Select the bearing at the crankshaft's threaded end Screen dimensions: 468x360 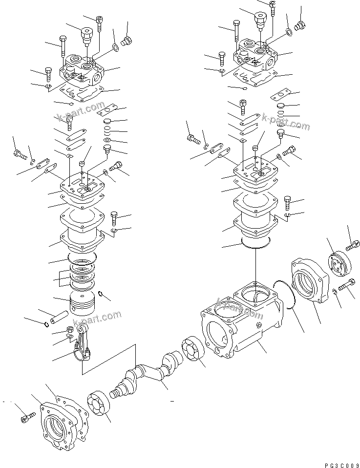point(101,405)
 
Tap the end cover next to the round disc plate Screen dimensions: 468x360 point(310,284)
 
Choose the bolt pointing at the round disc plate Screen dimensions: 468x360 point(352,246)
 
